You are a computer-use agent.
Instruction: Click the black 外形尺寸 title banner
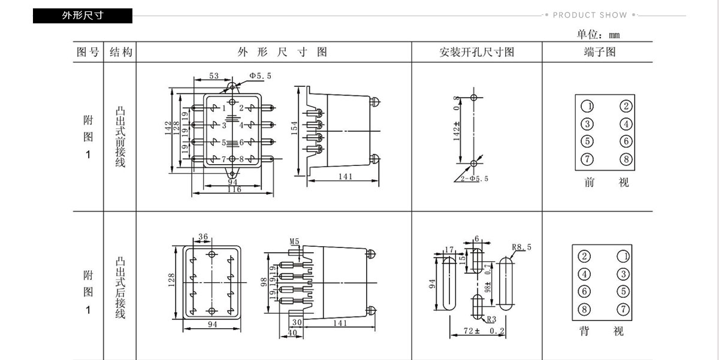tap(83, 16)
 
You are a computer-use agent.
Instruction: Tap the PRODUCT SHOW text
tap(590, 15)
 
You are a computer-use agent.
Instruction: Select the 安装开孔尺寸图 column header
tap(477, 52)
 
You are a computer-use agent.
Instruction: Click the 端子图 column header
tap(600, 52)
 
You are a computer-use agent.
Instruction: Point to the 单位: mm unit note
tap(599, 34)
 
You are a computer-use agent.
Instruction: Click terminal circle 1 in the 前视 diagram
tap(587, 106)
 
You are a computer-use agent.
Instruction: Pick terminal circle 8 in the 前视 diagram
tap(626, 159)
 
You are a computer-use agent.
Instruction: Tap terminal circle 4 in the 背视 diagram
tap(584, 274)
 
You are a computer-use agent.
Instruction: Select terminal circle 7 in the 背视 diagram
tap(623, 309)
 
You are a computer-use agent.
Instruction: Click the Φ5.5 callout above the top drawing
tap(260, 75)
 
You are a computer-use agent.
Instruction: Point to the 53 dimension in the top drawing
tap(214, 75)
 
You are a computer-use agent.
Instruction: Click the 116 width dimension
tap(234, 189)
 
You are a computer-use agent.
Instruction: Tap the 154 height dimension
tap(294, 128)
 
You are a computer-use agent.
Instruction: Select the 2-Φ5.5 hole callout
tap(475, 179)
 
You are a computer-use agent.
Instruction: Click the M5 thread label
tap(294, 241)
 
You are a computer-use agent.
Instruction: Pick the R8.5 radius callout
tap(522, 247)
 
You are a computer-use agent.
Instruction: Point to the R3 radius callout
tap(491, 319)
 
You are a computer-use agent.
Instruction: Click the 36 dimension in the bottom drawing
tap(203, 237)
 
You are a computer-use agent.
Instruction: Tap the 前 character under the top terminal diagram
tap(590, 182)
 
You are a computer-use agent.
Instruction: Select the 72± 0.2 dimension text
tap(484, 331)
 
